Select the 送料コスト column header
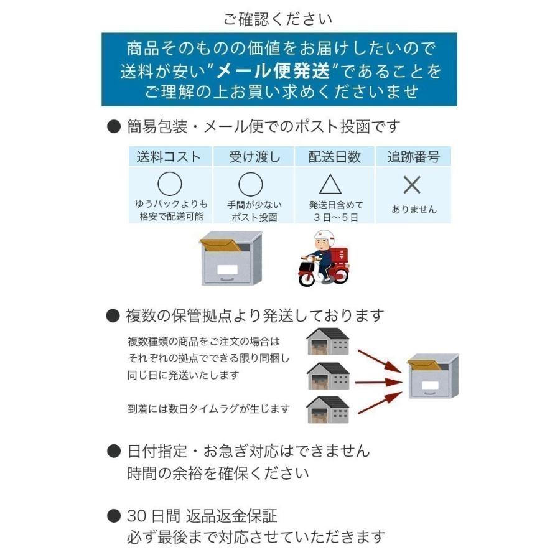169,157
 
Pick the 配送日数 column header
334,157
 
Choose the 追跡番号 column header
413,157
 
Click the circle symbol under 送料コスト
169,184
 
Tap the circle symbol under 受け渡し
251,184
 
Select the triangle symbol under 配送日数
330,185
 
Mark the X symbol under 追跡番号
412,185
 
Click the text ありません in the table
414,210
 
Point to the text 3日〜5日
336,217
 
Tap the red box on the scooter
339,256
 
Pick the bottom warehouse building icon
328,409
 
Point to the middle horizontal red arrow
380,381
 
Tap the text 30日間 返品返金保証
202,516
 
